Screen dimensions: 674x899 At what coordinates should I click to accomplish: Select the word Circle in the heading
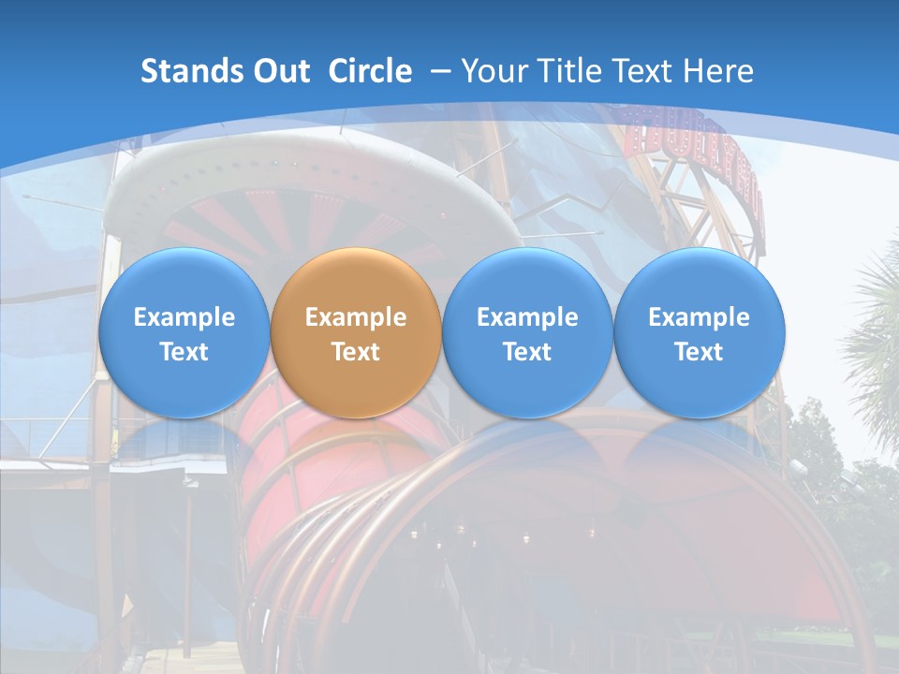coord(370,71)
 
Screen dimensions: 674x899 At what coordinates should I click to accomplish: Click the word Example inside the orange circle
coord(356,317)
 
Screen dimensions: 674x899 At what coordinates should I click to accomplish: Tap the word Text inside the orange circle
coord(356,352)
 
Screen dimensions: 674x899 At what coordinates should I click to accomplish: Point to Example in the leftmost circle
coord(184,317)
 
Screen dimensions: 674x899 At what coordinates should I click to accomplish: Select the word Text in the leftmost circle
coord(184,352)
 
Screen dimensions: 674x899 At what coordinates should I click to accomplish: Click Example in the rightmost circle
coord(699,317)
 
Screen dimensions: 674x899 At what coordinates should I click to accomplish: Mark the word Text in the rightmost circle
coord(699,352)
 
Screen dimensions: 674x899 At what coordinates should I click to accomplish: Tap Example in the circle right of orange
coord(527,317)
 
